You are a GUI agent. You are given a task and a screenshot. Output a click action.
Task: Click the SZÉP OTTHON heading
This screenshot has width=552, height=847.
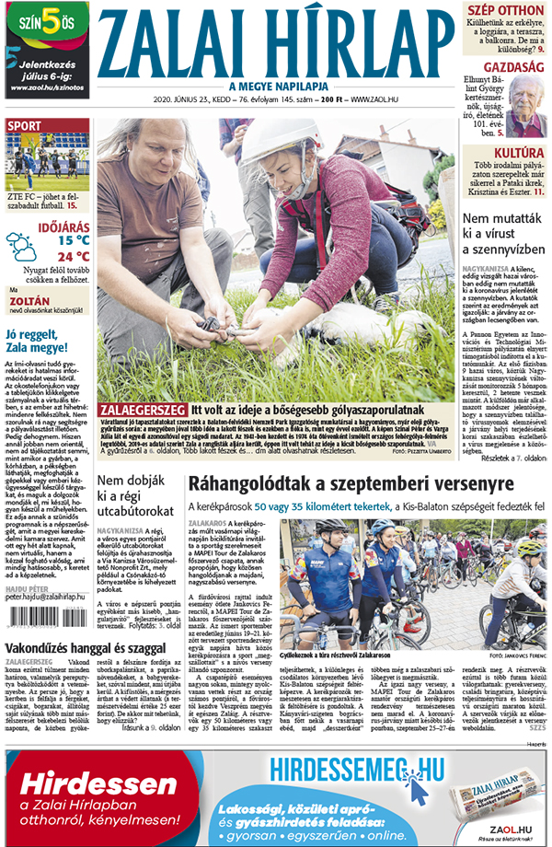click(x=506, y=10)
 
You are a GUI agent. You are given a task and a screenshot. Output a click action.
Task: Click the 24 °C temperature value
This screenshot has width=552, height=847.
click(x=74, y=256)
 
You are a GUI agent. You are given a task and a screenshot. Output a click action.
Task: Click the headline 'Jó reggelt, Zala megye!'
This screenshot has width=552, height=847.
click(x=42, y=341)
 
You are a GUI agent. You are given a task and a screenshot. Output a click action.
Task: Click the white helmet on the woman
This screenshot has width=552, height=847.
click(x=268, y=138)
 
